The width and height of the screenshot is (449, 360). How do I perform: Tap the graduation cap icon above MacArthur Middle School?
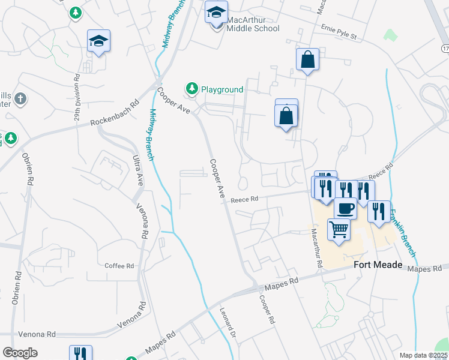(216, 11)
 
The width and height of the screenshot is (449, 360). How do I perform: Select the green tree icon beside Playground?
(192, 89)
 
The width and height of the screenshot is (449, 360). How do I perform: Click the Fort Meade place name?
(378, 265)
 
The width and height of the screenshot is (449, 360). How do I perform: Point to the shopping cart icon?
(339, 229)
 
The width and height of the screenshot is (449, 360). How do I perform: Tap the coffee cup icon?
(345, 208)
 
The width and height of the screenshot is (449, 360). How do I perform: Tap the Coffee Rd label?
(119, 266)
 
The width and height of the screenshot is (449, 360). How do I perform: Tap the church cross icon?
(20, 98)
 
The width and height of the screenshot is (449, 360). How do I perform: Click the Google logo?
(20, 353)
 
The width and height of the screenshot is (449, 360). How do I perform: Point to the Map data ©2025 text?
(423, 355)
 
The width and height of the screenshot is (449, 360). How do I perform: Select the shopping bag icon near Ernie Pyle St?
(307, 59)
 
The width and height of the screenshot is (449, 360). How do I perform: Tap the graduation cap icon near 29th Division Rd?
(98, 41)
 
